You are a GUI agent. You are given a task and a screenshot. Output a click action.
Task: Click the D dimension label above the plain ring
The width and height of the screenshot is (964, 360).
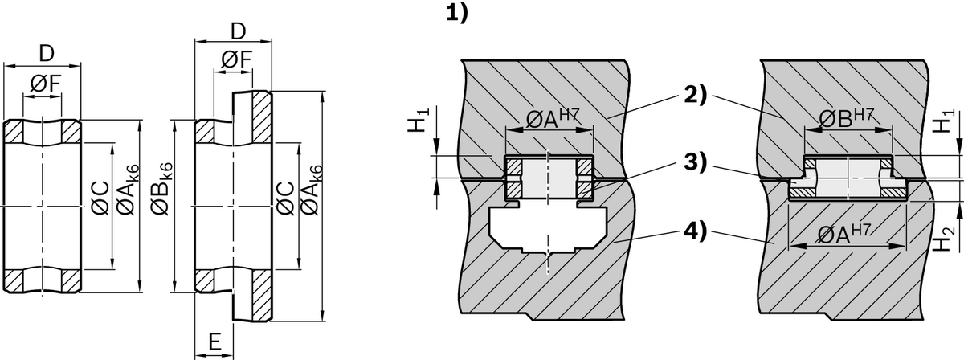pyautogui.click(x=47, y=54)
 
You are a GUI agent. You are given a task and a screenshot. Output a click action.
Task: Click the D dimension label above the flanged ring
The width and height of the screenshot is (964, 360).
pyautogui.click(x=238, y=31)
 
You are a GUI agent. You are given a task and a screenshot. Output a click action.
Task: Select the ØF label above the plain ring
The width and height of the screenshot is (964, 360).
pyautogui.click(x=45, y=84)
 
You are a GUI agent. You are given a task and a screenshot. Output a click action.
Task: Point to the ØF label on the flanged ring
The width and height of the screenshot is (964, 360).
pyautogui.click(x=236, y=59)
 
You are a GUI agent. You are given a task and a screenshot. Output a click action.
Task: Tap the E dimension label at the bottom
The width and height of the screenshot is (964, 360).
pyautogui.click(x=214, y=342)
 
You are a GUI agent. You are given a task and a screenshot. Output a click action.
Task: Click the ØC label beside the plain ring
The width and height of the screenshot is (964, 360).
pyautogui.click(x=101, y=199)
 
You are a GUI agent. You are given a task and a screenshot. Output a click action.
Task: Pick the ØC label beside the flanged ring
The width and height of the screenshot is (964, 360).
pyautogui.click(x=286, y=199)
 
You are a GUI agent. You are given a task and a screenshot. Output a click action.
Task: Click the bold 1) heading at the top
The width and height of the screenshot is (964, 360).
pyautogui.click(x=456, y=13)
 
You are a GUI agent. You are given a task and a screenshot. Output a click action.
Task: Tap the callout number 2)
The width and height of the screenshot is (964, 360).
pyautogui.click(x=696, y=95)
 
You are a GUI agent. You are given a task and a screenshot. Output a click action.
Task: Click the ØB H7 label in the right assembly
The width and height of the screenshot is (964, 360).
pyautogui.click(x=846, y=118)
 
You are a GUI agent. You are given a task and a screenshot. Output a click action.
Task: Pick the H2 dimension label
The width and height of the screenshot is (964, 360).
pyautogui.click(x=943, y=237)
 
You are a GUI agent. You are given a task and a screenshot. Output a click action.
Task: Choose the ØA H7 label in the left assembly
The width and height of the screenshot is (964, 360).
pyautogui.click(x=553, y=119)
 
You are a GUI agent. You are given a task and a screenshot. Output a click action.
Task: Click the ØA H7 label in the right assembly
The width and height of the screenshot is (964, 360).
pyautogui.click(x=844, y=234)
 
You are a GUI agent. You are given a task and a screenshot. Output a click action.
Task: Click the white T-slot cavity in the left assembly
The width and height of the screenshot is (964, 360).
pyautogui.click(x=548, y=228)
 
